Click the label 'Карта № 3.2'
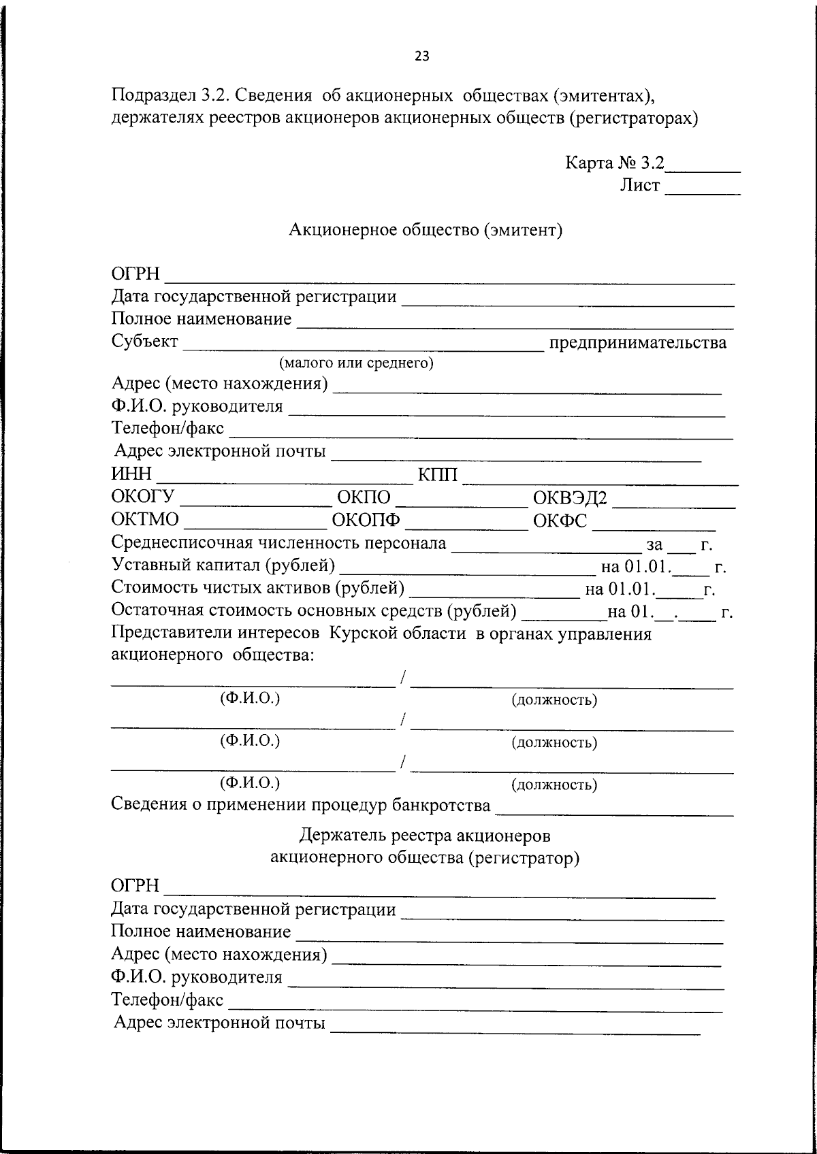point(614,163)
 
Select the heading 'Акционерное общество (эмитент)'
point(426,230)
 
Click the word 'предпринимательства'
point(638,342)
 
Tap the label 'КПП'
point(437,474)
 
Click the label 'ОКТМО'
point(146,521)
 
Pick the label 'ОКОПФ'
point(366,521)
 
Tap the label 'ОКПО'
point(364,497)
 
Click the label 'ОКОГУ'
point(143,497)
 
